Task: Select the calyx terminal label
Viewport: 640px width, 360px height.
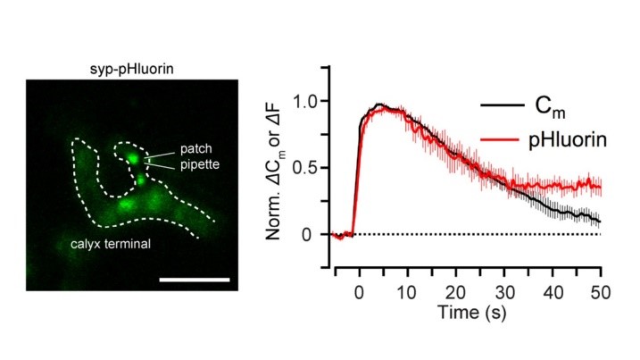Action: tap(106, 243)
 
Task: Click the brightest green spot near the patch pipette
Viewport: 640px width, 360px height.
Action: tap(133, 158)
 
